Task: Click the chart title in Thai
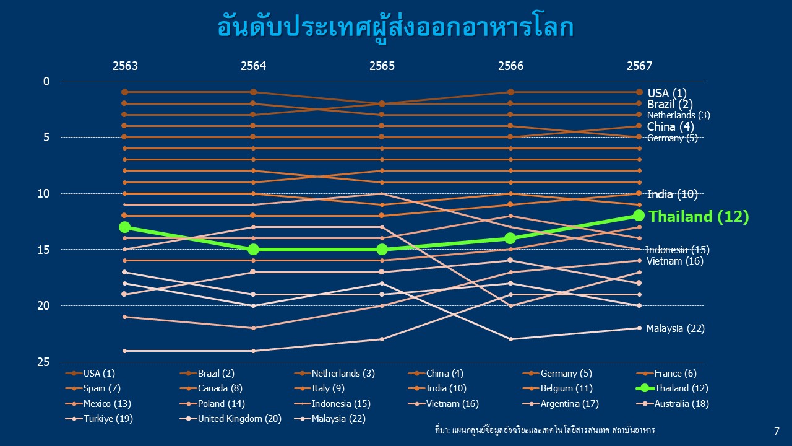point(395,28)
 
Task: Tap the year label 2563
point(125,66)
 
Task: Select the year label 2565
point(382,66)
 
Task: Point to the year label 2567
point(639,66)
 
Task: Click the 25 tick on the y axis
point(43,362)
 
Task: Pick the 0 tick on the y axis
point(46,81)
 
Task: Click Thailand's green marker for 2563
point(124,227)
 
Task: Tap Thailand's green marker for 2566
point(510,238)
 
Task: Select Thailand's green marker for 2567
point(639,215)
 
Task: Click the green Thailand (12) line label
point(699,216)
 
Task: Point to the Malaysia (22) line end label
point(675,328)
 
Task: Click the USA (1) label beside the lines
point(667,93)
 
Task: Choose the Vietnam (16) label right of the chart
point(675,261)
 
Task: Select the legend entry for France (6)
point(666,374)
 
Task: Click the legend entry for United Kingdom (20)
point(231,419)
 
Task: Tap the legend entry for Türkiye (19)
point(100,419)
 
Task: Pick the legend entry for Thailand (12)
point(672,388)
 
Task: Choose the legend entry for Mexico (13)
point(98,403)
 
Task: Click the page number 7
point(777,431)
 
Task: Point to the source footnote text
point(545,430)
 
